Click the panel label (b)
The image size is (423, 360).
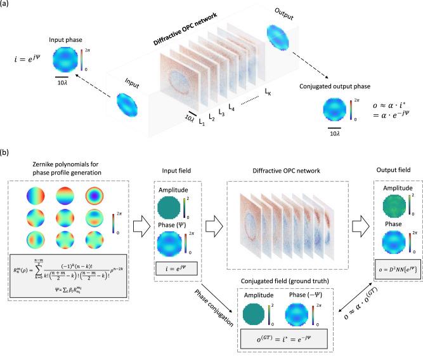[x=6, y=154]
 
